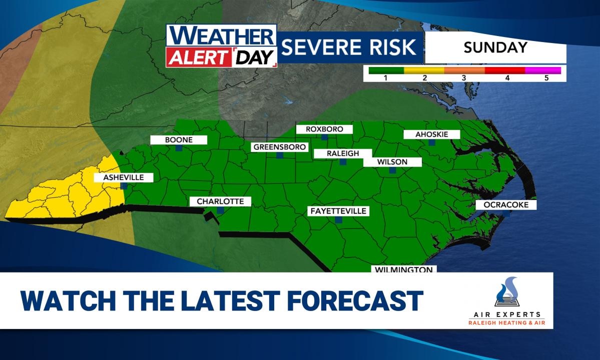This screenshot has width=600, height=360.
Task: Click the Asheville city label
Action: (x=124, y=177)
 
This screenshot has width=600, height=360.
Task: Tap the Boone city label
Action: (x=179, y=140)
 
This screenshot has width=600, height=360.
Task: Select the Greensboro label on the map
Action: (x=279, y=147)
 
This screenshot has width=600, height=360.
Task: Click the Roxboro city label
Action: (x=324, y=129)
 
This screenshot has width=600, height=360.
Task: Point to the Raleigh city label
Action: (x=343, y=153)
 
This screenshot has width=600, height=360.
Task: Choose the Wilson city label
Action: (x=392, y=162)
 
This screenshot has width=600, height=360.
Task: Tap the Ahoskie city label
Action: (x=431, y=134)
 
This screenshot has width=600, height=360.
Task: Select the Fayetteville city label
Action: (x=338, y=211)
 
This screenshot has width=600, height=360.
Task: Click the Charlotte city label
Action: (x=220, y=201)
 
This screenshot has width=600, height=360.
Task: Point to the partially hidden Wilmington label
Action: (x=404, y=269)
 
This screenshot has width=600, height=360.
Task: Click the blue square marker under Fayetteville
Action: (x=338, y=219)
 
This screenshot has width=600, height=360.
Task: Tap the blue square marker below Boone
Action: (x=179, y=148)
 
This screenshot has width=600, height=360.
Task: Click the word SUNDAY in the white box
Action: (x=495, y=48)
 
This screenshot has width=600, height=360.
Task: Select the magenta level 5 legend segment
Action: (x=543, y=70)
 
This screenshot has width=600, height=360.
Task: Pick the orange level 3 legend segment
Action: (x=464, y=70)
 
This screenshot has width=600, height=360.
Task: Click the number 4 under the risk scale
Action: (x=507, y=78)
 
